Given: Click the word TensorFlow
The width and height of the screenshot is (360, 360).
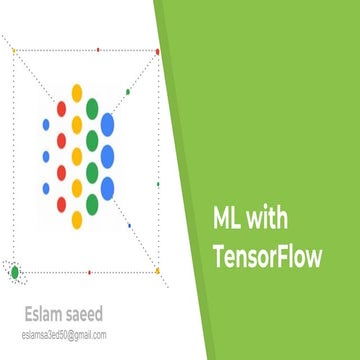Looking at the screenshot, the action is (267, 257).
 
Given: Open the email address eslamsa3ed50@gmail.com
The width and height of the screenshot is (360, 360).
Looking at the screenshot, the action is (63, 335).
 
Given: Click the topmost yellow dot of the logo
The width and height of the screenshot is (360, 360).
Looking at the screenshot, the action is (77, 92).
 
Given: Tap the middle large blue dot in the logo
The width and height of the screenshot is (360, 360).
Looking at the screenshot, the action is (108, 156).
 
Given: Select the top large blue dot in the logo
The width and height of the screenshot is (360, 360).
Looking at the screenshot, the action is (108, 123).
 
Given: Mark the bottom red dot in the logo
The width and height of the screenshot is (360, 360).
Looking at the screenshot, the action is (61, 204).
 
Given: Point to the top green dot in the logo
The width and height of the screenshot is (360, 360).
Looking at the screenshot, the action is (92, 107).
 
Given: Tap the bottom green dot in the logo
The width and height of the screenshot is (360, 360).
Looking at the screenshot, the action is (92, 204).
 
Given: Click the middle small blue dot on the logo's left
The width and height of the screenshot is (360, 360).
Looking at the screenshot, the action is (46, 156).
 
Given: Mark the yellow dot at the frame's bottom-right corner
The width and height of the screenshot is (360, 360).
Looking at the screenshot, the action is (157, 270).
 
